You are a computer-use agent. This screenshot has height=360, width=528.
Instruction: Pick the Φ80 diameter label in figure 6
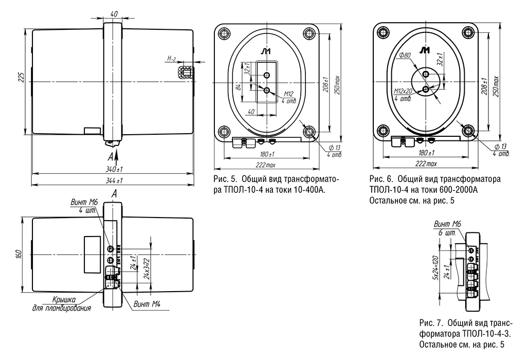point(405,56)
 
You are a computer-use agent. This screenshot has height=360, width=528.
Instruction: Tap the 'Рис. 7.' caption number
point(431,323)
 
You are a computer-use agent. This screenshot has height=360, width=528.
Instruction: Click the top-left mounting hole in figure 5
point(224,34)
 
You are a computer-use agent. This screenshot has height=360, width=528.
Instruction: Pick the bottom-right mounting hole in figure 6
point(469,131)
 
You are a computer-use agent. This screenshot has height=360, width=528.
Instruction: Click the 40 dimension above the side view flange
point(113,13)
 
